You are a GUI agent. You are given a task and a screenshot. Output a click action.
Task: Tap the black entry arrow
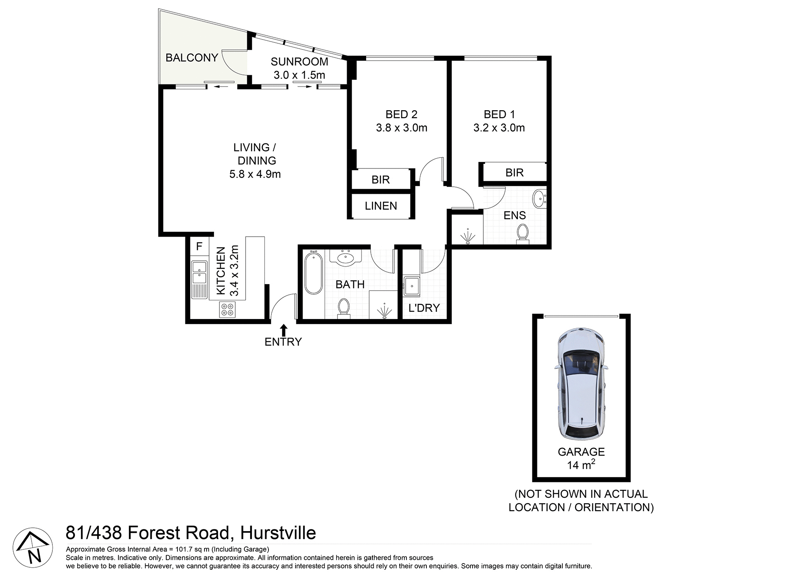coord(283,331)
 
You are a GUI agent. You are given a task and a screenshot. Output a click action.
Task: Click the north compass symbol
coord(33,547)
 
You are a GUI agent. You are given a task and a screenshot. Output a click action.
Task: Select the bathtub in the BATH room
coord(313,273)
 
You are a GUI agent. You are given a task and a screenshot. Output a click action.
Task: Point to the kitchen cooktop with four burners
coord(227,309)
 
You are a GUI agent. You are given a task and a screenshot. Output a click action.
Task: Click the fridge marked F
coord(199,246)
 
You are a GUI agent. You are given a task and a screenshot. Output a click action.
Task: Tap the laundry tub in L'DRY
coord(411,286)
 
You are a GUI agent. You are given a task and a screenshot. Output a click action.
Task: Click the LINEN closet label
coord(381,206)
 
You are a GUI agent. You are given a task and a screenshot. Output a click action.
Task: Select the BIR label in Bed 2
coord(380,180)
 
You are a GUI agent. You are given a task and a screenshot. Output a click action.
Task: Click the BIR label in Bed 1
coord(514,173)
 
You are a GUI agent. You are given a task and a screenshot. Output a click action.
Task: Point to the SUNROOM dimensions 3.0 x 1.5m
coord(299,75)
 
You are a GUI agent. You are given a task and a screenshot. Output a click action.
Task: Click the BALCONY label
coord(192,58)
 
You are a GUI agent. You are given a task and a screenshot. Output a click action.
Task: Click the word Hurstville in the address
coord(278,533)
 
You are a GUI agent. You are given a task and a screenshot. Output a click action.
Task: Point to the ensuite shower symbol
coord(468,236)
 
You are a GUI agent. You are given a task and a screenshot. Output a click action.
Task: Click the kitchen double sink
coord(199,272)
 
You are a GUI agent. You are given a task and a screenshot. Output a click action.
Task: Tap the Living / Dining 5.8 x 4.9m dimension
coord(255,174)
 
